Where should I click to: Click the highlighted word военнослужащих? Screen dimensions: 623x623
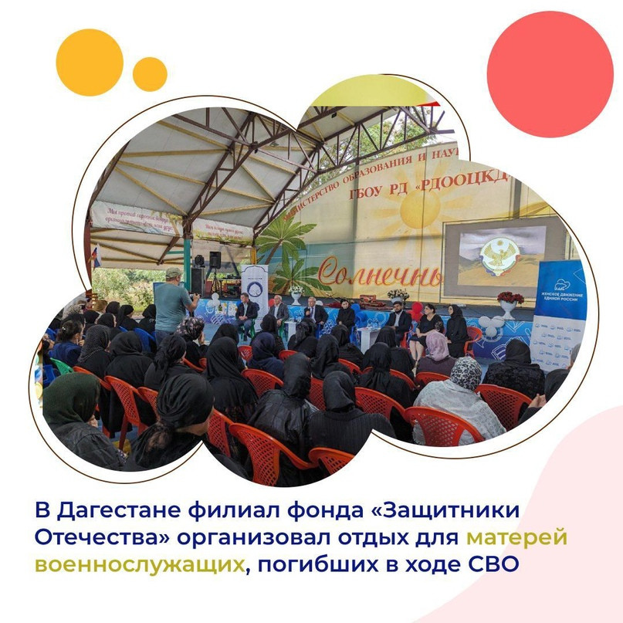pos(139,564)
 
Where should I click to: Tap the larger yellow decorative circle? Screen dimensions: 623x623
pos(90,62)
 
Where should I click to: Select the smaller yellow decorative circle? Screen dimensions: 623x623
pos(150,74)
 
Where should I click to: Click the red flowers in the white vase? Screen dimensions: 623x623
pos(510,298)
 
